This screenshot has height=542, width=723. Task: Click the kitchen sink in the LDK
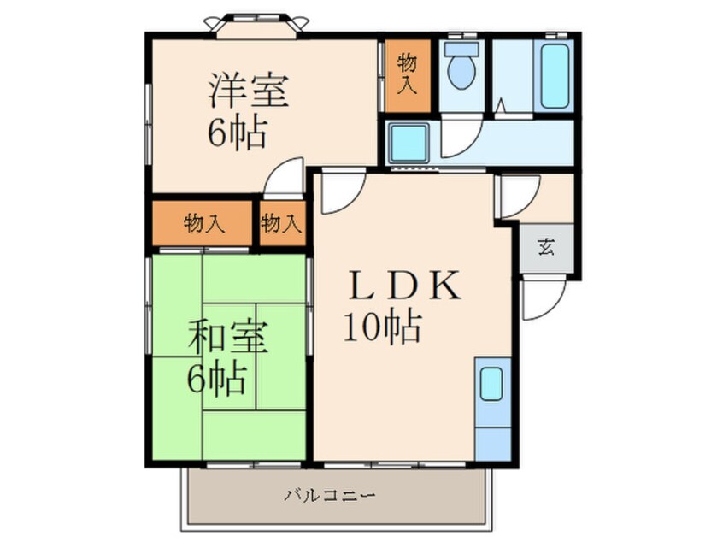coord(491,384)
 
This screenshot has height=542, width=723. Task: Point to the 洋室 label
coord(248,91)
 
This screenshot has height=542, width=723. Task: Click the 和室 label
coord(229,339)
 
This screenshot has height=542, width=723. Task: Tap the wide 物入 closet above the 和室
coord(203,224)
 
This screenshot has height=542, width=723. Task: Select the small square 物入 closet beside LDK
coord(281,224)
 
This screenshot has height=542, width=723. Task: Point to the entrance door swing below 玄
coord(540,299)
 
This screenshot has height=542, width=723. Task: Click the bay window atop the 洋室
coord(255,27)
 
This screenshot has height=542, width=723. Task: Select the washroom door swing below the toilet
coord(458,137)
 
